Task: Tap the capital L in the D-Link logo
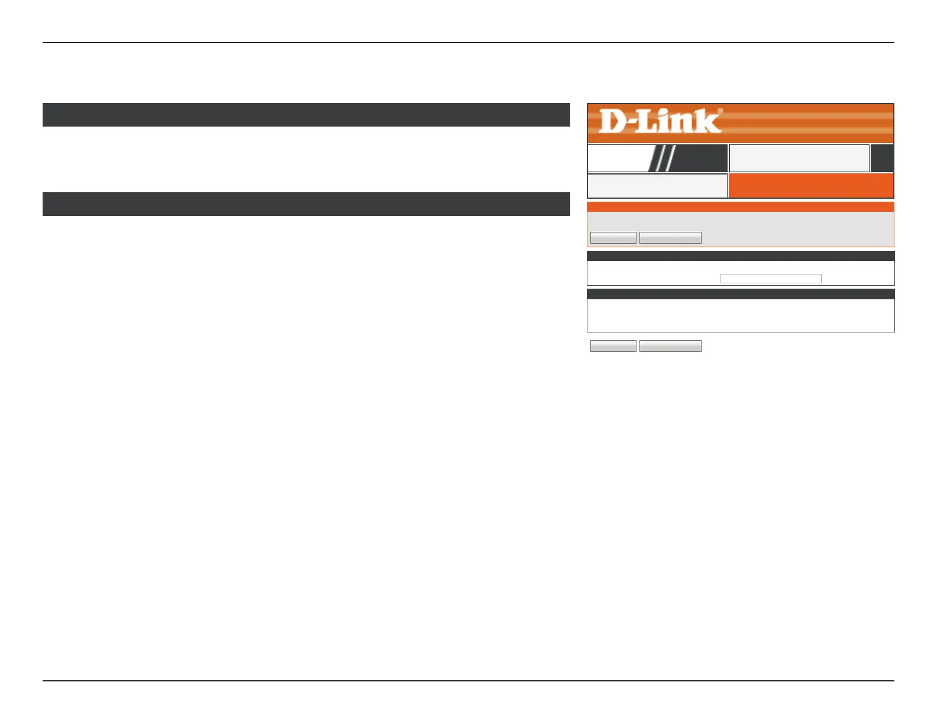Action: click(648, 121)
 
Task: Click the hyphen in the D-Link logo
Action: click(631, 124)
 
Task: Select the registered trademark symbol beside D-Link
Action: click(720, 111)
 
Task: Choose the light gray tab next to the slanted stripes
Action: click(799, 159)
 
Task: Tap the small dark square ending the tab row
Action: click(882, 159)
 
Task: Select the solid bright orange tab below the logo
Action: click(810, 186)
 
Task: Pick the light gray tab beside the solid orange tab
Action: click(657, 186)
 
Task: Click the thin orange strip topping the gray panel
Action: click(740, 207)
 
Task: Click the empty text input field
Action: click(770, 279)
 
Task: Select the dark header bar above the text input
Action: click(740, 256)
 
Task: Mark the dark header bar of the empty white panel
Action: click(740, 294)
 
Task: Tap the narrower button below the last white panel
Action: click(613, 346)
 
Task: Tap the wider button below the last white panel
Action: click(670, 346)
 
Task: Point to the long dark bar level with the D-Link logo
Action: click(306, 115)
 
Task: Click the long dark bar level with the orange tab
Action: click(306, 204)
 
